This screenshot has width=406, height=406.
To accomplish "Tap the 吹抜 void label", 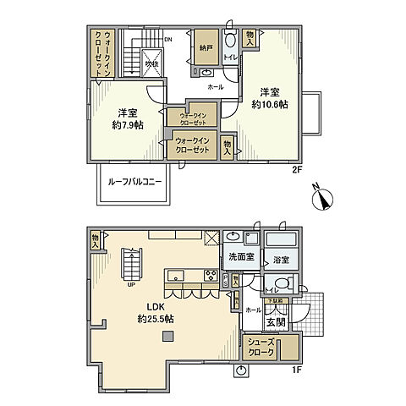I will click(151, 63).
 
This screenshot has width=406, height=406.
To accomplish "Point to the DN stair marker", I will click(168, 40).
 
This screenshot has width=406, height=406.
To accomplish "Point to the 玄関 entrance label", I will click(276, 321).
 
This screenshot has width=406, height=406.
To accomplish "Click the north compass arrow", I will click(323, 200).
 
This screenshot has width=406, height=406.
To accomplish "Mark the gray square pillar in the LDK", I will click(167, 336).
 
